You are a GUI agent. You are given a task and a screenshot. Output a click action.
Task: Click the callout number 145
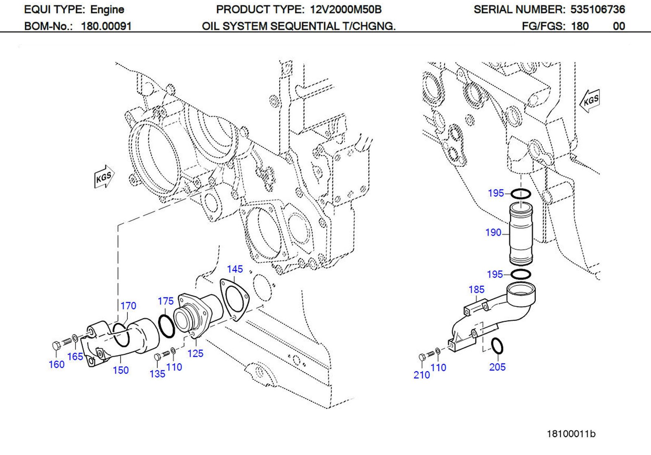(235, 269)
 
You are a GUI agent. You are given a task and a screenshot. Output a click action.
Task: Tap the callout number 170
(128, 306)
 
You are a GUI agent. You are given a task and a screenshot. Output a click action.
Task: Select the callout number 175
(166, 301)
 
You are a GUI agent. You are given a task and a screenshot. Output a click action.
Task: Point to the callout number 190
(493, 233)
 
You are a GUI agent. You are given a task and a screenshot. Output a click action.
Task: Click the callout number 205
(497, 367)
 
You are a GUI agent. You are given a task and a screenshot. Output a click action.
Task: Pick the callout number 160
(57, 365)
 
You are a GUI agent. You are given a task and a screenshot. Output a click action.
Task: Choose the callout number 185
(476, 290)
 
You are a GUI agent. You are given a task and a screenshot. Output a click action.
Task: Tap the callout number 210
(422, 375)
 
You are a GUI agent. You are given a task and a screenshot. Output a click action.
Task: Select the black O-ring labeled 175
(166, 326)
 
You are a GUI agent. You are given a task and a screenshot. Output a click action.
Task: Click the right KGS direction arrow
(590, 100)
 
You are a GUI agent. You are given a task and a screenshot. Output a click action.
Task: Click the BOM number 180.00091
(106, 26)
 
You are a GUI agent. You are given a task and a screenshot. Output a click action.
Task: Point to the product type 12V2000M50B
(345, 9)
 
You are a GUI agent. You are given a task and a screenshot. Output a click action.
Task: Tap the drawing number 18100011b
(570, 434)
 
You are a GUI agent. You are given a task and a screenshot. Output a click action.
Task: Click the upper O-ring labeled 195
(520, 194)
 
